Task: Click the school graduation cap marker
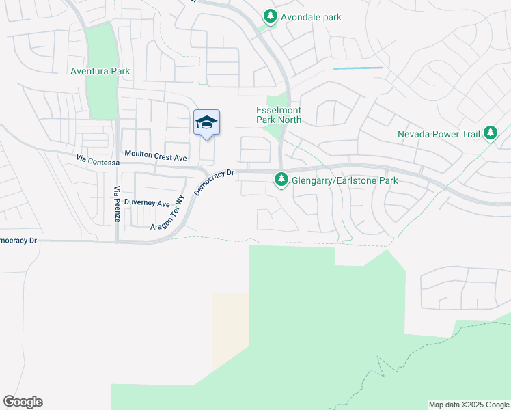[x=206, y=123]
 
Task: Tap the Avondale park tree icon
[x=271, y=16]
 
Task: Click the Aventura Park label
[x=100, y=71]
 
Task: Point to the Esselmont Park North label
[x=278, y=115]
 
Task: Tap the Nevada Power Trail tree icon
[x=490, y=134]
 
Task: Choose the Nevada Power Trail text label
[x=439, y=134]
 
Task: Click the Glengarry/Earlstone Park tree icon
[x=280, y=180]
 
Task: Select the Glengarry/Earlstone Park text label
[x=345, y=180]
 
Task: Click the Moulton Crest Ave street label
[x=155, y=157]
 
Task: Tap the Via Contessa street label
[x=98, y=161]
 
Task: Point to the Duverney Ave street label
[x=147, y=204]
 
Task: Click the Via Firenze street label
[x=117, y=204]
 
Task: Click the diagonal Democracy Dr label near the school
[x=214, y=182]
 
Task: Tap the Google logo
[x=23, y=402]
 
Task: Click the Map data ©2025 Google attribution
[x=469, y=405]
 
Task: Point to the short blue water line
[x=358, y=68]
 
